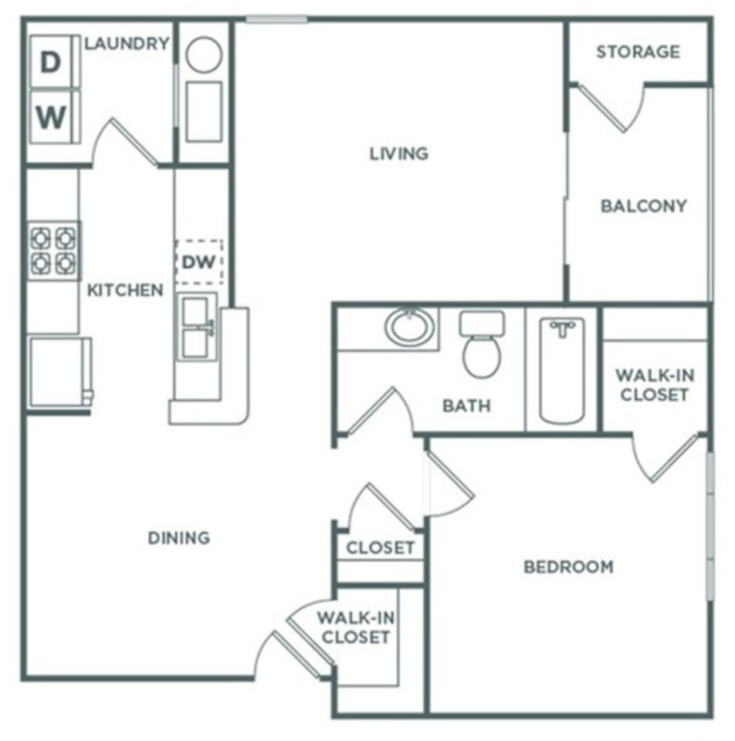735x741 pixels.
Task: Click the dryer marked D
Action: coord(50,63)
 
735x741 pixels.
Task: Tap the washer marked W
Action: coord(51,117)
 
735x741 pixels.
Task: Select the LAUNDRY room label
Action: coord(127,43)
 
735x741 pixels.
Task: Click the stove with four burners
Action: coord(54,251)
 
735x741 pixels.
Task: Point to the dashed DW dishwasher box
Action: coord(198,262)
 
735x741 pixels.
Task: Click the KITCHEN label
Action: coord(125,290)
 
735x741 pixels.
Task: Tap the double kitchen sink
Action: coord(196,327)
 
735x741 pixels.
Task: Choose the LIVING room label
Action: coord(398,154)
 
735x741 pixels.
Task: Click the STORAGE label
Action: coord(638,52)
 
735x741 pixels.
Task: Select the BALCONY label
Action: coord(644,206)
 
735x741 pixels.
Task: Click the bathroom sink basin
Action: coord(408,327)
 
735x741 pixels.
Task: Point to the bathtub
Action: coord(562,370)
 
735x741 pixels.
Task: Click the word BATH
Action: coord(466,405)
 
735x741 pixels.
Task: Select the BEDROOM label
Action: coord(569,567)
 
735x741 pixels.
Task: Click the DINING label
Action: coord(179,537)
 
